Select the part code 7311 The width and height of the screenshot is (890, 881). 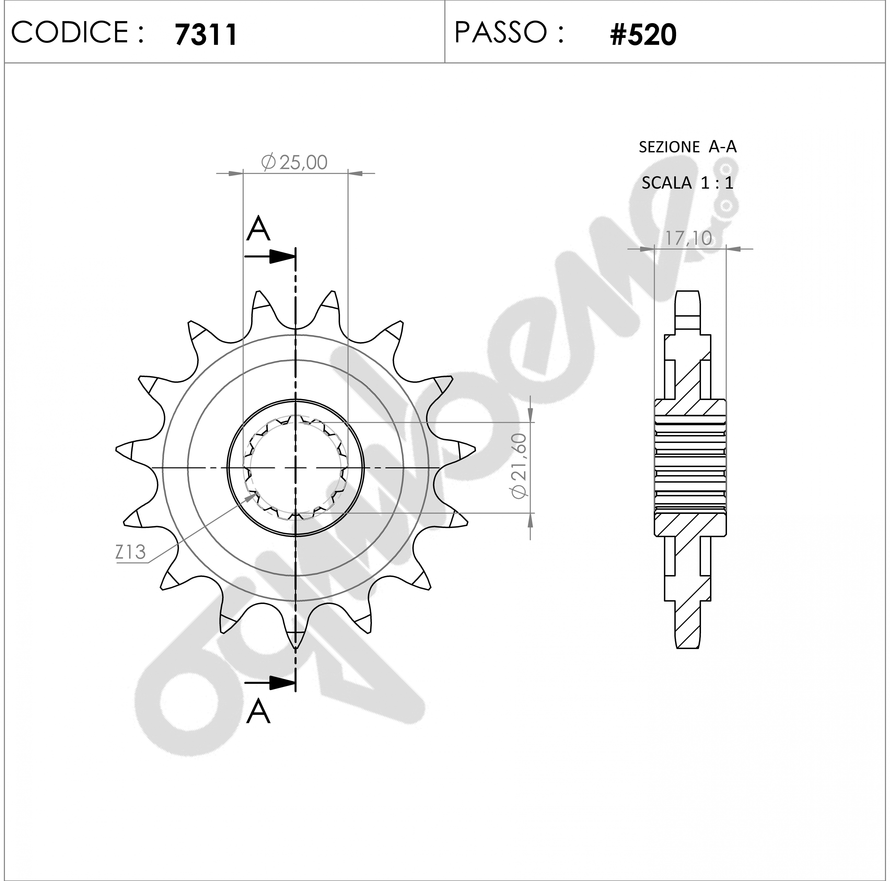[x=206, y=35]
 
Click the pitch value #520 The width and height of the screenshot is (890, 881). [x=643, y=35]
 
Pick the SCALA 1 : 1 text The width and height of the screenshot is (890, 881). [x=687, y=183]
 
